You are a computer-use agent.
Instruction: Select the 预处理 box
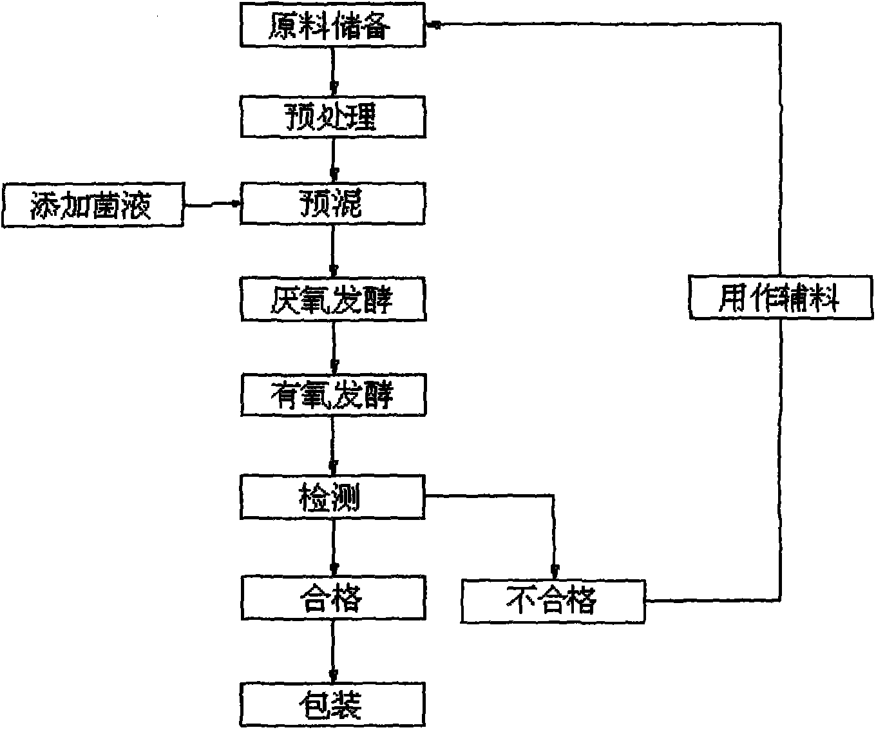[332, 117]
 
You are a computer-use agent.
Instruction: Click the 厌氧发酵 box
[332, 300]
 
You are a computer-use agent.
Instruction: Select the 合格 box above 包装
[332, 599]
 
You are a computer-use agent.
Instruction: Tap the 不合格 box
[553, 601]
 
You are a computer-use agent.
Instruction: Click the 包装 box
[332, 706]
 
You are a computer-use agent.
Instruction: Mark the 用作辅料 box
[780, 298]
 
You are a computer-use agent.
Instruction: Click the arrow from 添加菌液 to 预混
[212, 204]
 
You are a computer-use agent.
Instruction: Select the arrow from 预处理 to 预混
[333, 160]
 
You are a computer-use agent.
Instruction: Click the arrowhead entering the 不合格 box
[555, 570]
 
